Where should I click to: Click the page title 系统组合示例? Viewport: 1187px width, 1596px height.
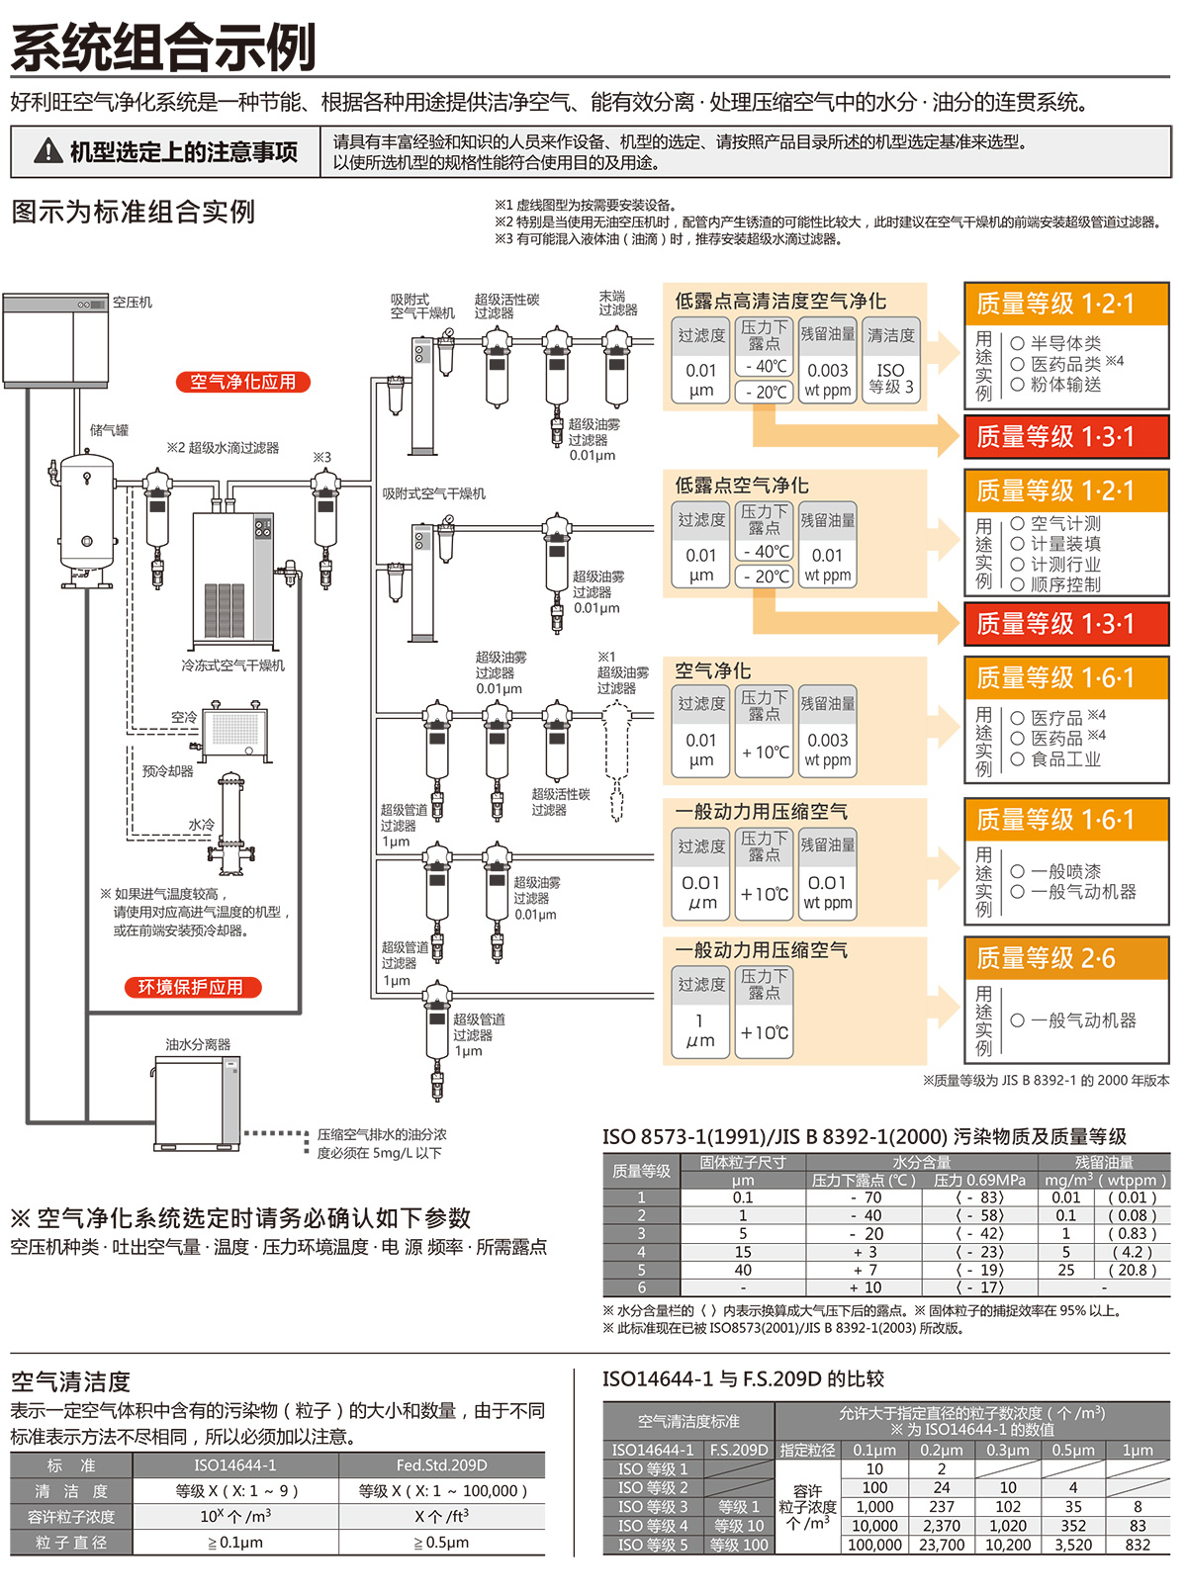coord(163,47)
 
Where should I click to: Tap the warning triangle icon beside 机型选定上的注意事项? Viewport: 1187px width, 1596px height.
coord(46,151)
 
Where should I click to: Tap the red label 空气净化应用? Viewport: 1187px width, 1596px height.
coord(242,382)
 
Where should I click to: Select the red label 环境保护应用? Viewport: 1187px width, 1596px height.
coord(192,987)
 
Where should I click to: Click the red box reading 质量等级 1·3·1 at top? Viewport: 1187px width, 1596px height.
coord(1066,437)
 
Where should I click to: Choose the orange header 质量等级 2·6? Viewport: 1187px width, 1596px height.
coord(1066,958)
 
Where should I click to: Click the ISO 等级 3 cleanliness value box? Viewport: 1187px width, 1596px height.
coord(890,377)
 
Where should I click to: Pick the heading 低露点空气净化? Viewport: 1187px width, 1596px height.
coord(742,486)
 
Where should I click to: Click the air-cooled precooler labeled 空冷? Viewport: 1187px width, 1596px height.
coord(234,730)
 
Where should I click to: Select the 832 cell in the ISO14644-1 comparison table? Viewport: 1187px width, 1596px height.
coord(1138,1545)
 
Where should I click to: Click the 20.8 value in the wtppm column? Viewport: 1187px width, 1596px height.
coord(1132,1270)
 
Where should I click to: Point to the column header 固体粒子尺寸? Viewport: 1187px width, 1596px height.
coord(743,1163)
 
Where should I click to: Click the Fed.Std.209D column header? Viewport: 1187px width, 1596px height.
coord(441,1465)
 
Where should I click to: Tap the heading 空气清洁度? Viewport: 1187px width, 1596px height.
coord(70,1381)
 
